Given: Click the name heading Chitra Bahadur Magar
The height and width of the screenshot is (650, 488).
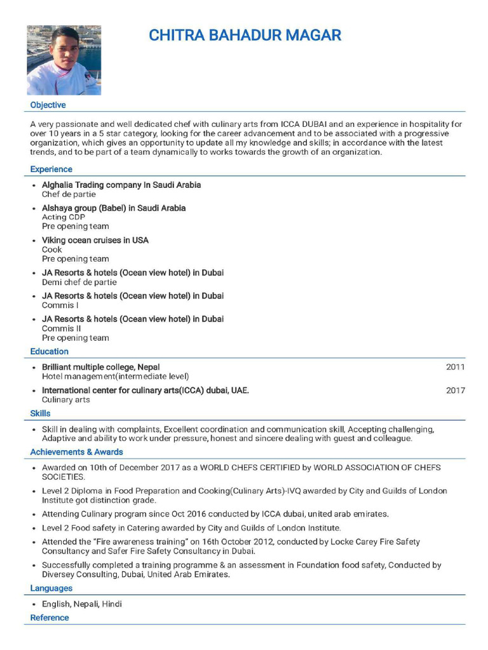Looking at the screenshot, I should [x=245, y=35].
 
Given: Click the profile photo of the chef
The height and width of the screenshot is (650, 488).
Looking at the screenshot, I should [x=64, y=60].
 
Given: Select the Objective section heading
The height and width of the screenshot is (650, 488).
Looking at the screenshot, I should [x=48, y=105].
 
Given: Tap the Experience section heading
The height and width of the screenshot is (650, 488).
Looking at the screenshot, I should [x=51, y=169].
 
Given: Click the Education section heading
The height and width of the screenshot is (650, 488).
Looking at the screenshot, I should [x=50, y=352].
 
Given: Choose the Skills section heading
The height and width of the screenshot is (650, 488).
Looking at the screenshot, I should [x=41, y=413].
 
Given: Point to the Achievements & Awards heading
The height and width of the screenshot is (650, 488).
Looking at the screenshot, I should [x=77, y=452].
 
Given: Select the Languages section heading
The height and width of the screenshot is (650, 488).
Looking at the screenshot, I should [x=51, y=588].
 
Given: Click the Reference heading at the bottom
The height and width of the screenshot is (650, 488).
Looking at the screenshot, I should [x=50, y=618].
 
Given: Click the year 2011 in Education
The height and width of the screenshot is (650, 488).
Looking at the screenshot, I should [x=455, y=367].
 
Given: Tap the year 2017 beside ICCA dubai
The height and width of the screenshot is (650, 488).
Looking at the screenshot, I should [x=455, y=390].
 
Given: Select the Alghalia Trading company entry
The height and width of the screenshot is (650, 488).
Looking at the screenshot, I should [x=121, y=185].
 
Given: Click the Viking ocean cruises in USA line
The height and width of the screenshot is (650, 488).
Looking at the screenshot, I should [x=95, y=241].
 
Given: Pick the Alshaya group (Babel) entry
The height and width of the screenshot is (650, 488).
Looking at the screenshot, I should [x=114, y=208].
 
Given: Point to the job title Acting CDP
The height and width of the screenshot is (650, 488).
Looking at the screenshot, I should [x=64, y=217].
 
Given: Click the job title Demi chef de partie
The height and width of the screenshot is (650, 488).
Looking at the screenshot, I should [x=79, y=282].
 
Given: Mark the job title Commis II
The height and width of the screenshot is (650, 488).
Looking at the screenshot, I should [x=62, y=328].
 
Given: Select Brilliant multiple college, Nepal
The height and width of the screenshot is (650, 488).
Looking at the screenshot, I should [x=101, y=367].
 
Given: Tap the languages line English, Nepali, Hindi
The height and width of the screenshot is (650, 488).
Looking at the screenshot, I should [x=82, y=604].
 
